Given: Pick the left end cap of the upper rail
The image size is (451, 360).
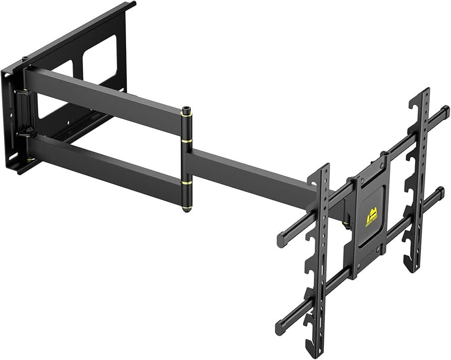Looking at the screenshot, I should (x=280, y=237).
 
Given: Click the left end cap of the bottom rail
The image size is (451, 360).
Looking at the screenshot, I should (x=279, y=323).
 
